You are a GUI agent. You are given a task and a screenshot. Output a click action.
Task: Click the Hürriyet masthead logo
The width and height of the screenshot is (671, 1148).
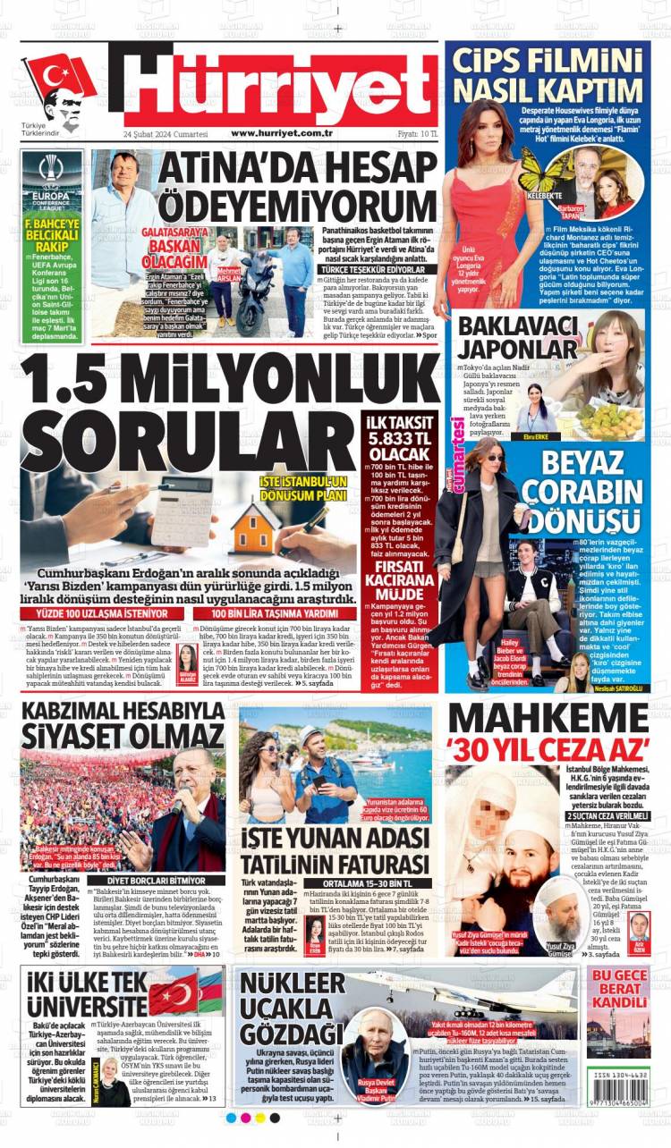[277, 85]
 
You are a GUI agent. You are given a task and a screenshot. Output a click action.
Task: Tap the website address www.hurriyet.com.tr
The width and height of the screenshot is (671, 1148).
[282, 133]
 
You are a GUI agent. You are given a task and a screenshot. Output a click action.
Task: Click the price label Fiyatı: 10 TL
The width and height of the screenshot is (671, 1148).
[417, 133]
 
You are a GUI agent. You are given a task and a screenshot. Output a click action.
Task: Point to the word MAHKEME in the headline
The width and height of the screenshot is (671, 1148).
[548, 719]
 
